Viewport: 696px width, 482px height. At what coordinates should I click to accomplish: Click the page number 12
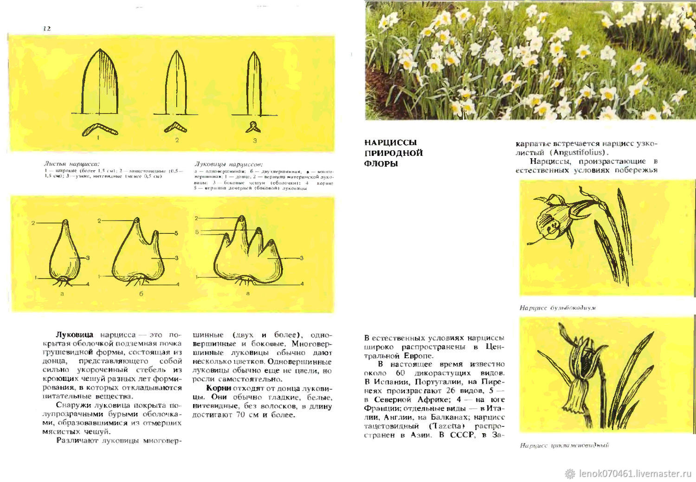point(47,28)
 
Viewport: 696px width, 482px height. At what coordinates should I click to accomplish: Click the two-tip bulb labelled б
point(138,253)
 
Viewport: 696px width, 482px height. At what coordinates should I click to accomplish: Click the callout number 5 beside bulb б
point(176,233)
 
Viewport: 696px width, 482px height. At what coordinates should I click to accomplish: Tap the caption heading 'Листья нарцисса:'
point(71,164)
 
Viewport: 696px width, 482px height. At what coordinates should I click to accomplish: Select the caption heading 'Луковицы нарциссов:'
point(229,164)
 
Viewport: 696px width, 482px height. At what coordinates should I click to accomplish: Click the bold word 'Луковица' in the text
point(74,334)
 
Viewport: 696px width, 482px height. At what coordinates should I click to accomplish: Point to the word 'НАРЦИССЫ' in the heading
point(390,142)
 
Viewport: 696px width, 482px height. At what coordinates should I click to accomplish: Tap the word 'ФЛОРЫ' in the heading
point(381,164)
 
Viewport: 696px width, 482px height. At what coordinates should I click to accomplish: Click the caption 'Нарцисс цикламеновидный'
point(564,445)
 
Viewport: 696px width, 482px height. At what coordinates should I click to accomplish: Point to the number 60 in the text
point(400,373)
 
